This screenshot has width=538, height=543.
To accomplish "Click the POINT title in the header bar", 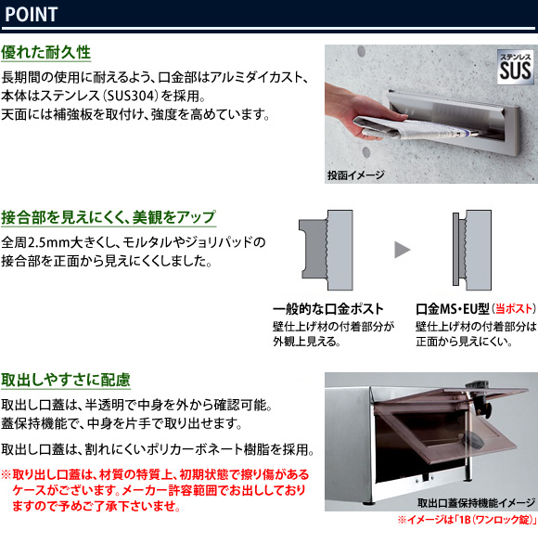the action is coord(32,15).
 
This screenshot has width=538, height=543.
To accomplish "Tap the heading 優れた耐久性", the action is coord(45,53).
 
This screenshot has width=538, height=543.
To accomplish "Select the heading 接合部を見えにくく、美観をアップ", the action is coord(109,217).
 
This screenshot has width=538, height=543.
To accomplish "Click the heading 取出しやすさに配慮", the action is coord(66,380).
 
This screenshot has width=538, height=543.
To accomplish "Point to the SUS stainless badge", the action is coord(515,67).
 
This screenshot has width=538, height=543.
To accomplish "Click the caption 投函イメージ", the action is coord(355,175).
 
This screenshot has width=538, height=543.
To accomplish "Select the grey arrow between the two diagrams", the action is coord(402,250).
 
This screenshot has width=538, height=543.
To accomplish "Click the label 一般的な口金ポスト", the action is coord(328,308).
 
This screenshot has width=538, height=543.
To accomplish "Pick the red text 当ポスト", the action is coord(514,308).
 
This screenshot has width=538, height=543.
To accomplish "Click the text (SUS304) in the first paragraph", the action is coord(130,96).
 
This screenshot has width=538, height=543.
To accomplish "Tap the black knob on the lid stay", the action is coord(482,407).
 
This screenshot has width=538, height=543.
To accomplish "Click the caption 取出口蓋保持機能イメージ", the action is coord(476,503).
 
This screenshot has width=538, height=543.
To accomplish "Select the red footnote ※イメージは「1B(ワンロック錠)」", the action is coord(468,520).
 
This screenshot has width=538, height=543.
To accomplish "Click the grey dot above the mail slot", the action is coord(361,51).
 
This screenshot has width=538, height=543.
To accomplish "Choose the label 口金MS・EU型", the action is coord(453,308).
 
